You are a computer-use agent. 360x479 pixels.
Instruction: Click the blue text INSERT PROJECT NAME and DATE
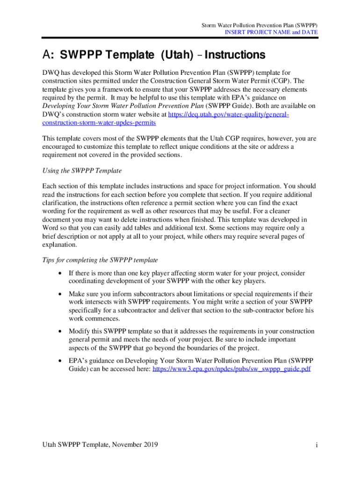272,32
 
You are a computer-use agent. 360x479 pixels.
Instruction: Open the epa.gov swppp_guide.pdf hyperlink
232,369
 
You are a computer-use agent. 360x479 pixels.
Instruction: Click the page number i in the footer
317,445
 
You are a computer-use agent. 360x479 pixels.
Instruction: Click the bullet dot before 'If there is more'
59,273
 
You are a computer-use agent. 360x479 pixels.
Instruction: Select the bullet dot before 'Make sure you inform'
59,294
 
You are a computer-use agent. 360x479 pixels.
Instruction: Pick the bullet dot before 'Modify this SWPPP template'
59,332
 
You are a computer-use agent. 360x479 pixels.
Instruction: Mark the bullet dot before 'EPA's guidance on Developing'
59,361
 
